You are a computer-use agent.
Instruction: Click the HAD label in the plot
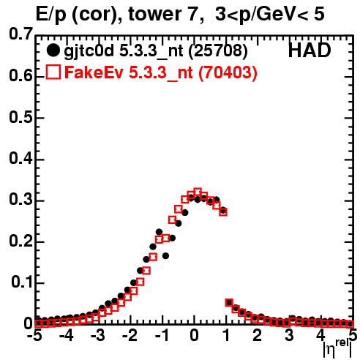click(310, 50)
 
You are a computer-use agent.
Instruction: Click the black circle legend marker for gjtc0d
click(53, 50)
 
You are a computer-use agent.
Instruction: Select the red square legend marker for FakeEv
click(53, 72)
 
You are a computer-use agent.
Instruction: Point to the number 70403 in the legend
click(228, 72)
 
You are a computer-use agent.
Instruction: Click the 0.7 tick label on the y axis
click(20, 34)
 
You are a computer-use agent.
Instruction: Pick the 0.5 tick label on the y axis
click(20, 118)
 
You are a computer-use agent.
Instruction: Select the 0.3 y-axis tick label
click(20, 200)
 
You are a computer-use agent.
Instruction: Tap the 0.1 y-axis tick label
click(22, 282)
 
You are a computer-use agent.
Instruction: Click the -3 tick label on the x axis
click(98, 336)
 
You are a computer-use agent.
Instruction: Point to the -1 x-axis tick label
click(161, 336)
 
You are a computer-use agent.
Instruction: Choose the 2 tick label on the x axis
click(258, 336)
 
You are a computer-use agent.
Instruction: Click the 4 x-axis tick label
click(321, 336)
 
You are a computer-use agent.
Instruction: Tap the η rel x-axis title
click(338, 349)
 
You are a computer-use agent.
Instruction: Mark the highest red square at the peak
click(198, 192)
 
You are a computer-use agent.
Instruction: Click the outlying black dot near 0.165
click(166, 256)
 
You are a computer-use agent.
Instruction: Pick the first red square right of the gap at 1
click(229, 302)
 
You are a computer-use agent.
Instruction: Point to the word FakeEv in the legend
click(94, 72)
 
